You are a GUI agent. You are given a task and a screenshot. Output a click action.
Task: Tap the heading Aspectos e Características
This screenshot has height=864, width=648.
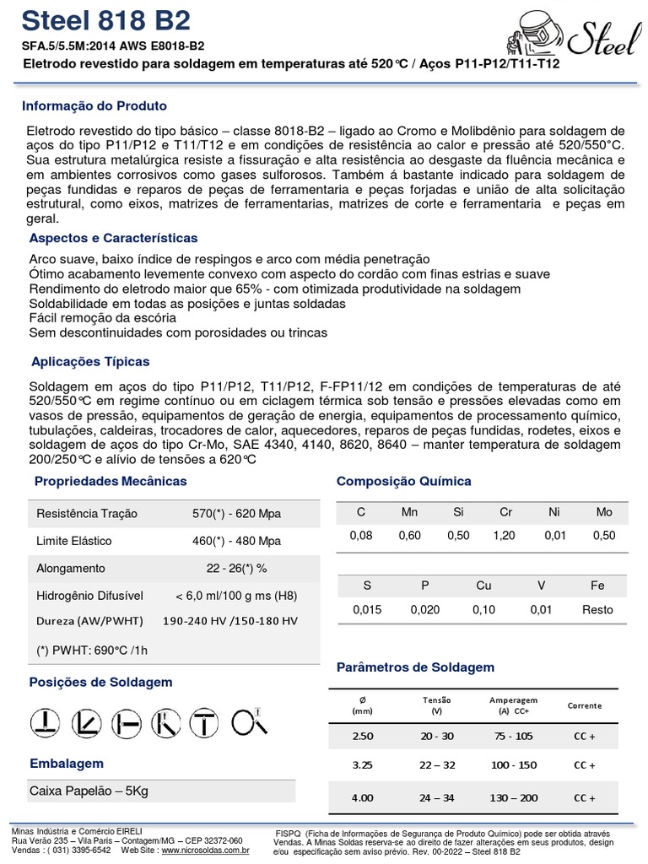click(113, 238)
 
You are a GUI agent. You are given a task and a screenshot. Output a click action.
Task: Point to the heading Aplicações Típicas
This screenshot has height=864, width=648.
click(90, 361)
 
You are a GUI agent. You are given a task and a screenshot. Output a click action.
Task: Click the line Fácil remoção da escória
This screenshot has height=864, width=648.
click(103, 318)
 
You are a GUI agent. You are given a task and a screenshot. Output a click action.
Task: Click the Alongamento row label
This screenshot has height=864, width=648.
click(71, 569)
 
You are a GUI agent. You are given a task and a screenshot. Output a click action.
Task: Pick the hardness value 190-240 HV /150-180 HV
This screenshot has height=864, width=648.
click(229, 621)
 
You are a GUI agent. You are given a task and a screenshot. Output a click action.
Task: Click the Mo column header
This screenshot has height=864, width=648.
click(604, 512)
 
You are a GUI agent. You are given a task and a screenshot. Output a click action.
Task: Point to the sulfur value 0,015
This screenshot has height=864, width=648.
click(366, 610)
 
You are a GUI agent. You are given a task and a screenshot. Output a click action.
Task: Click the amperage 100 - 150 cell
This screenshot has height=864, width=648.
click(513, 765)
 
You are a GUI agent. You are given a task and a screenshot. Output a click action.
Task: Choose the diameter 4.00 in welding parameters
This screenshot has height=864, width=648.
click(362, 797)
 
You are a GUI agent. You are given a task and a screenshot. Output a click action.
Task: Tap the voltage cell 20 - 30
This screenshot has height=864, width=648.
click(436, 736)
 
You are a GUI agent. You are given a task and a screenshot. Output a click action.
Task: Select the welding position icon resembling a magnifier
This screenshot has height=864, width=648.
click(250, 722)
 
